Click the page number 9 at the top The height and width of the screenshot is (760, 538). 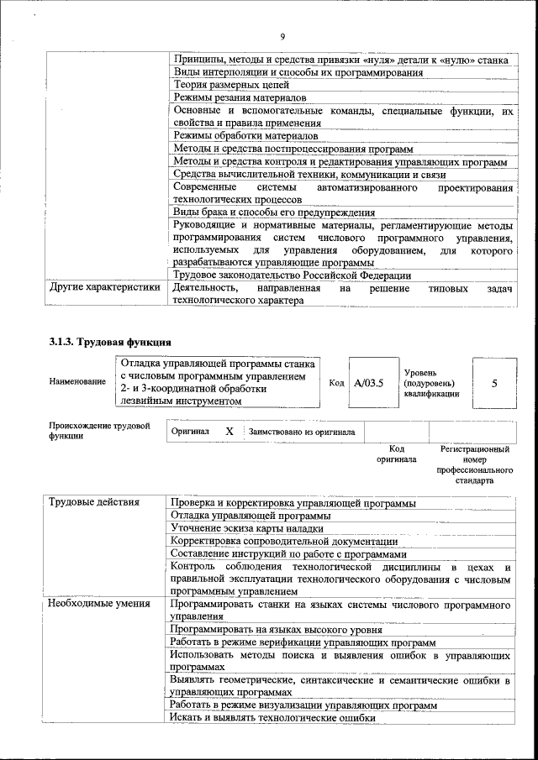point(283,35)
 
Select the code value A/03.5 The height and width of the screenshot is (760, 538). point(368,383)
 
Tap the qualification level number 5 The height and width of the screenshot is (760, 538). point(494,383)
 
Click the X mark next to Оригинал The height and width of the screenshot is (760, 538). point(229,432)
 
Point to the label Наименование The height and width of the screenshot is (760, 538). point(77,382)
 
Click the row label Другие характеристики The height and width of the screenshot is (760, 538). point(104,288)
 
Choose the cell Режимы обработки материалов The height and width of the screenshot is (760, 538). point(245,135)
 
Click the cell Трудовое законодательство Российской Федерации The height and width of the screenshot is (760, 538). point(291,275)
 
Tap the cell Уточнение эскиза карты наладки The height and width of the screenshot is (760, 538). point(246,529)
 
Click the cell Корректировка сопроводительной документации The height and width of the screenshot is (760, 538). point(272,542)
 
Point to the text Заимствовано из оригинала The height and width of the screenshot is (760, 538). point(301,432)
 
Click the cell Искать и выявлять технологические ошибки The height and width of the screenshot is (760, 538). point(272,718)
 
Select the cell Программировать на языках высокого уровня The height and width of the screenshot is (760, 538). point(276,629)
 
